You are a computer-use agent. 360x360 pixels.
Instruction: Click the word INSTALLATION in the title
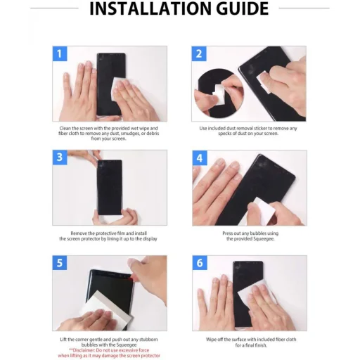(x=150, y=8)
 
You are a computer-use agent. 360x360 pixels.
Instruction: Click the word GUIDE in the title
(x=242, y=8)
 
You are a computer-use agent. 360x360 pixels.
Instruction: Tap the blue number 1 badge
(x=60, y=53)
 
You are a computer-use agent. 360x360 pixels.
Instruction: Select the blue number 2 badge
(x=199, y=53)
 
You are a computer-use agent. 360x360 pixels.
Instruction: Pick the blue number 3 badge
(x=60, y=157)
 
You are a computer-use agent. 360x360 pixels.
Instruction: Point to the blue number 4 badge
(x=200, y=157)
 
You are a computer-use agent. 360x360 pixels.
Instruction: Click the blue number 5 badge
(x=60, y=263)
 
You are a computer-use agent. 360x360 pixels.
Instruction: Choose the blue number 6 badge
(x=200, y=263)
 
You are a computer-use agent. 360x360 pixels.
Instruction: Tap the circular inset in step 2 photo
(x=219, y=94)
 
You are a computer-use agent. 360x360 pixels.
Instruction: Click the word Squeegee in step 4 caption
(x=263, y=239)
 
